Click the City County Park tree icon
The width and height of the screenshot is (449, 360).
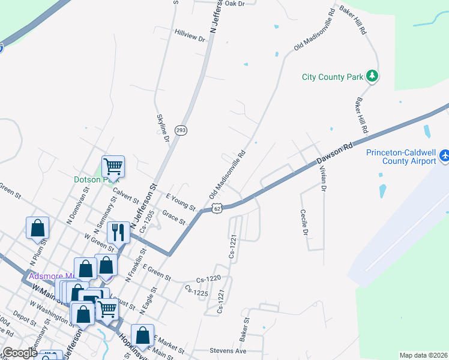373,76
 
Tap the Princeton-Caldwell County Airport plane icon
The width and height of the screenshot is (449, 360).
445,156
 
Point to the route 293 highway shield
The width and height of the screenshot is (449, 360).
180,130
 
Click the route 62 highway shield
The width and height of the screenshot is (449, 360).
217,208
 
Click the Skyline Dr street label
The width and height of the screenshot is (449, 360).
163,128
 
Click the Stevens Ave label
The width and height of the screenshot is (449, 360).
228,350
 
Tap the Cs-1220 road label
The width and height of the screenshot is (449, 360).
209,280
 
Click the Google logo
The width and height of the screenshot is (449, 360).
19,353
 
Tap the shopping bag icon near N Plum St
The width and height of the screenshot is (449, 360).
37,227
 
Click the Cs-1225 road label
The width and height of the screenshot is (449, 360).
196,290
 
